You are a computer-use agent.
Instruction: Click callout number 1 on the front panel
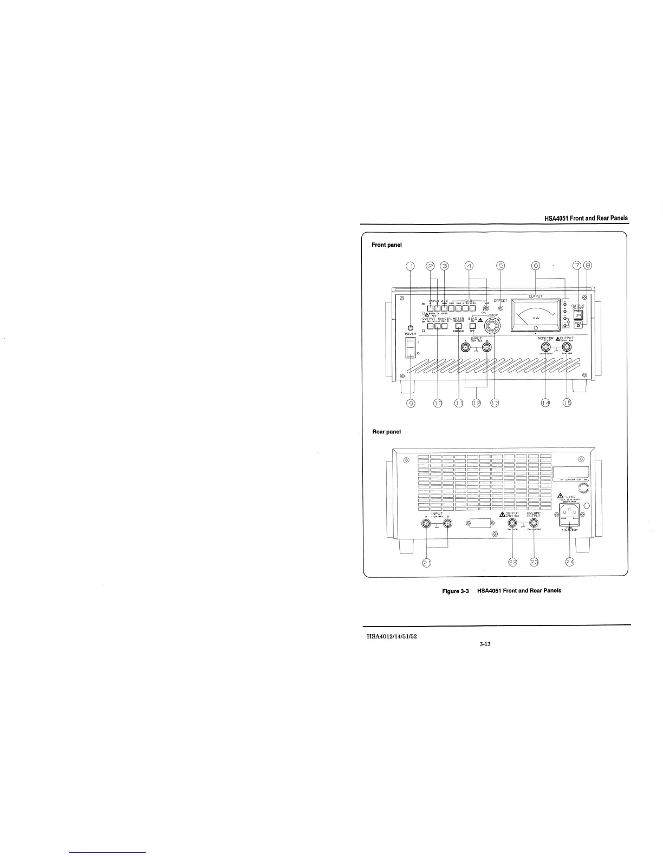(409, 266)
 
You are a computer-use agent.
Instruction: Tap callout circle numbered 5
(501, 266)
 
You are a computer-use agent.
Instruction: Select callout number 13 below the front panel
(494, 403)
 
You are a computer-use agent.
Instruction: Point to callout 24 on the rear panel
(570, 563)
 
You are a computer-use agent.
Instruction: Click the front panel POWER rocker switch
(411, 349)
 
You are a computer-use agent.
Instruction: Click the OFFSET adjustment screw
(500, 308)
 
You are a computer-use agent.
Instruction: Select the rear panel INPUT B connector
(447, 524)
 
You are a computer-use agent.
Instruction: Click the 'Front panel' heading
(386, 245)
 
